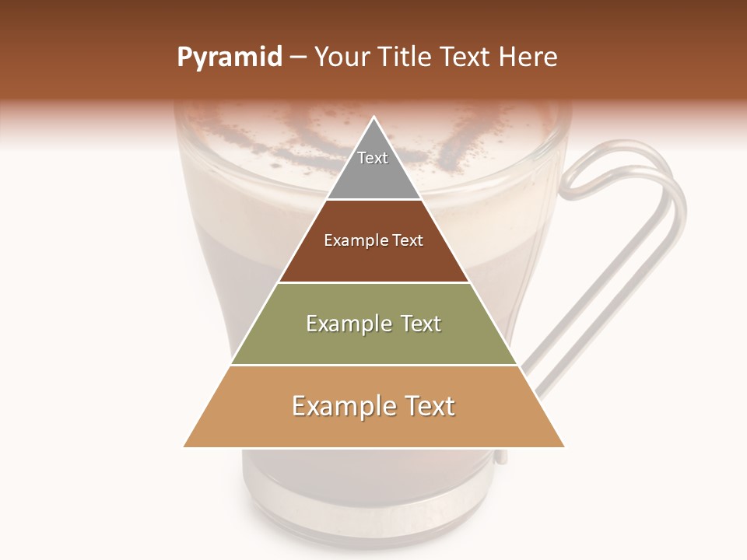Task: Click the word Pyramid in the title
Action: coord(229,58)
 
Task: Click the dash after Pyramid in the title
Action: coord(298,58)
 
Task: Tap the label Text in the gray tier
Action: coord(373,158)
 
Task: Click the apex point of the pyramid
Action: coord(374,117)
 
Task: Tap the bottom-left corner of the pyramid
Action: coord(184,446)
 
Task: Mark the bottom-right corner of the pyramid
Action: coord(564,446)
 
